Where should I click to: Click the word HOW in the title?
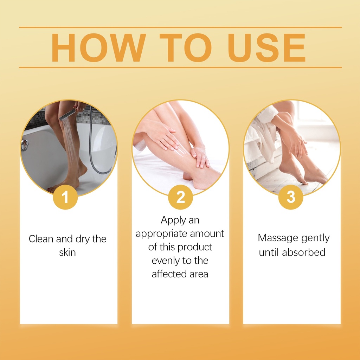98,47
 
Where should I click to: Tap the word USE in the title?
266,47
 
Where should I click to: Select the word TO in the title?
186,47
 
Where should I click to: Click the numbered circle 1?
65,197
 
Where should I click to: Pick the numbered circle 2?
180,197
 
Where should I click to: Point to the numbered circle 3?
291,197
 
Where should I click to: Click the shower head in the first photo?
67,115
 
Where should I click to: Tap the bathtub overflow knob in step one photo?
24,145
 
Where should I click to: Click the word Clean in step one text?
41,239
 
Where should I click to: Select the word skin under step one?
67,252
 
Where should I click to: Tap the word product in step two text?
195,247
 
